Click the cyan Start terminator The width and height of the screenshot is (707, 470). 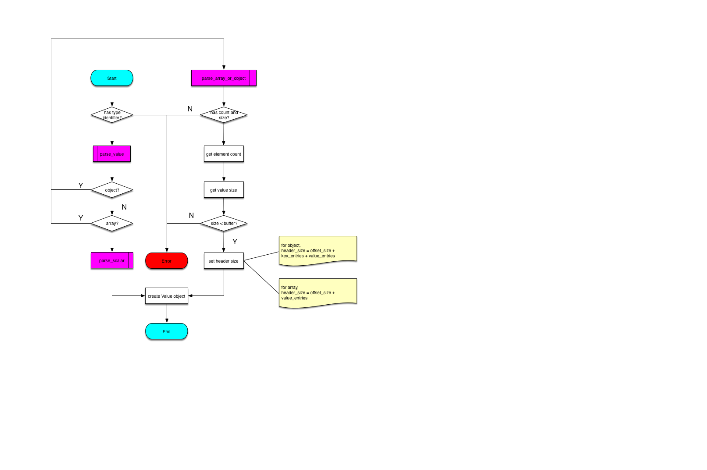click(112, 78)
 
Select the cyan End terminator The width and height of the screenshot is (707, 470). click(167, 331)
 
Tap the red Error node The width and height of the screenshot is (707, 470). click(167, 260)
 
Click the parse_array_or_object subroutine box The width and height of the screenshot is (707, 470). click(224, 78)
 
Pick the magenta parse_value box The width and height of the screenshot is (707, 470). click(112, 153)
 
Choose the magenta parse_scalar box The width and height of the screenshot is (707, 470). click(112, 260)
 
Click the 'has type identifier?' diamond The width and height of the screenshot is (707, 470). click(112, 115)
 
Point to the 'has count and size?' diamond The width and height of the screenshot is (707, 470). click(224, 115)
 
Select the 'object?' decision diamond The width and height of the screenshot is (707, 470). click(112, 189)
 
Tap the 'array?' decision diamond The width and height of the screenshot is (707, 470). click(112, 223)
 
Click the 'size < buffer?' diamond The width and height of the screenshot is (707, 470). click(224, 223)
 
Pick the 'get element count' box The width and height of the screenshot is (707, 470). click(224, 153)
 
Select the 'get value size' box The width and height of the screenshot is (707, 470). click(224, 189)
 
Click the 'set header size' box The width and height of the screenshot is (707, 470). click(224, 260)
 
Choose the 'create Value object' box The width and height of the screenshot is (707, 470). click(167, 296)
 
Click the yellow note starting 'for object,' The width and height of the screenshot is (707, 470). click(318, 251)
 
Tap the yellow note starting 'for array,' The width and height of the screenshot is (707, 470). click(318, 293)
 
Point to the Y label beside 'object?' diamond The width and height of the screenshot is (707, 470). click(81, 185)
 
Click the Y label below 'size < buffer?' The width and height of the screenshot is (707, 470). click(235, 242)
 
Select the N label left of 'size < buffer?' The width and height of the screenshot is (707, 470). click(191, 215)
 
